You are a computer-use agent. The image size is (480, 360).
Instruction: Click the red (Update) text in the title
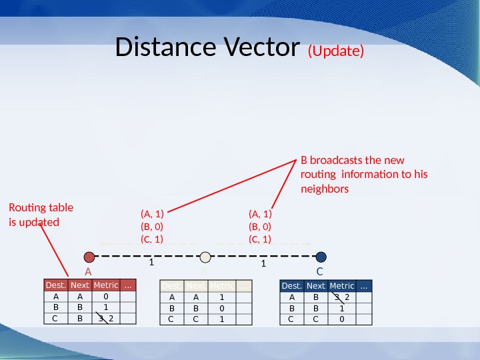click(x=335, y=51)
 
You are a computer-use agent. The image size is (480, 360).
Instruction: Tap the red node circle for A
click(x=90, y=257)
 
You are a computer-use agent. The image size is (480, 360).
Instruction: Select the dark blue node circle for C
click(x=321, y=257)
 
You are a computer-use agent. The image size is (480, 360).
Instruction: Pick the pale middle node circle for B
click(x=205, y=257)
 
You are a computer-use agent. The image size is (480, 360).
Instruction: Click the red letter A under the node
click(x=87, y=272)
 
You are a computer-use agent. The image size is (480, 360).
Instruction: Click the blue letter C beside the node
click(x=319, y=272)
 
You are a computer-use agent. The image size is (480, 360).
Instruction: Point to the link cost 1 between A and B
click(x=151, y=263)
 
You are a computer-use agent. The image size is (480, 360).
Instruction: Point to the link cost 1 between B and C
click(x=263, y=264)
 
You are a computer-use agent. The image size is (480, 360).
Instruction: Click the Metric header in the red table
click(x=106, y=285)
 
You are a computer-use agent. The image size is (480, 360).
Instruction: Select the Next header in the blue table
click(x=316, y=286)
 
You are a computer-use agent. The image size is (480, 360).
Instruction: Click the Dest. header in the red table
click(x=56, y=285)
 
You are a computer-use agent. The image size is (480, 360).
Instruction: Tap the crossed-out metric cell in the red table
click(x=106, y=319)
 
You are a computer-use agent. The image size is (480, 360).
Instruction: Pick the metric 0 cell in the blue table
click(x=341, y=319)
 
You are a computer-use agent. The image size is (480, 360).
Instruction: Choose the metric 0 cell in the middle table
click(x=221, y=309)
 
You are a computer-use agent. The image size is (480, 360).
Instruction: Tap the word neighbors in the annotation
click(x=325, y=189)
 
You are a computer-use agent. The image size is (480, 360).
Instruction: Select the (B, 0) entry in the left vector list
click(x=152, y=226)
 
